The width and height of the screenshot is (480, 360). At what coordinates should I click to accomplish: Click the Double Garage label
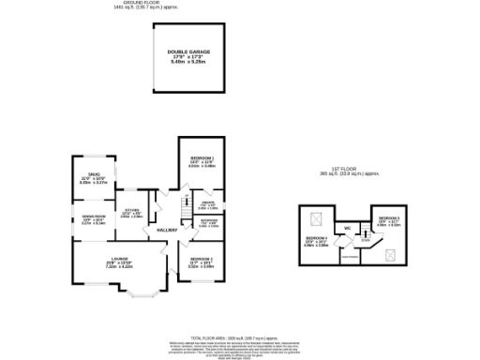tap(188, 54)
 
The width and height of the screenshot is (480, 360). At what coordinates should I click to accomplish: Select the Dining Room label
tap(94, 220)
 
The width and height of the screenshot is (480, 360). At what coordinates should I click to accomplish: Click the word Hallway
tap(167, 231)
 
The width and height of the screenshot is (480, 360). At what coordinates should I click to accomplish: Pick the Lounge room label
tap(118, 262)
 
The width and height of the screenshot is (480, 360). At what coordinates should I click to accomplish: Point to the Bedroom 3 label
tap(388, 221)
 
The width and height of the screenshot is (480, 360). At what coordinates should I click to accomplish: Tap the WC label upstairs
tap(347, 229)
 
